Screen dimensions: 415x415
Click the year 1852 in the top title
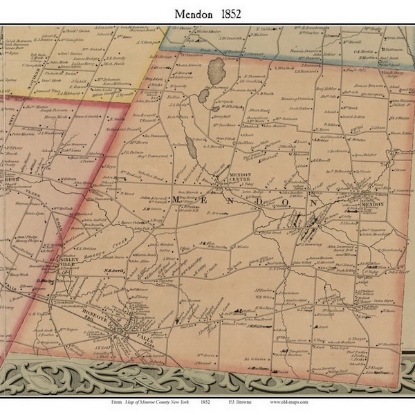pyautogui.click(x=227, y=15)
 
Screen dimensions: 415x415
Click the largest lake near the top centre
pyautogui.click(x=216, y=69)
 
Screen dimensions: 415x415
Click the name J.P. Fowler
pyautogui.click(x=261, y=290)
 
